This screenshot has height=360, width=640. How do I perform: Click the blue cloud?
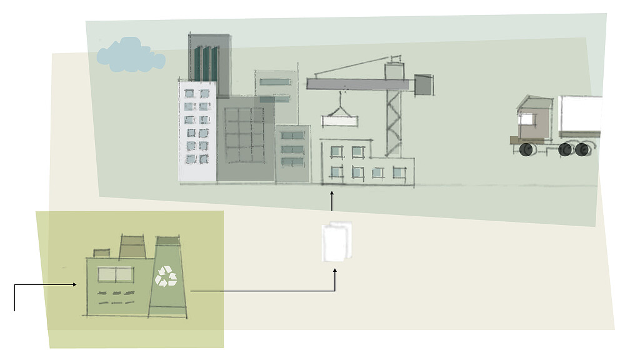(130, 55)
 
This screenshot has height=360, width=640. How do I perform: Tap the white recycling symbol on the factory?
(166, 276)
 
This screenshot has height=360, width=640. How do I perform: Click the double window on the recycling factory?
(116, 274)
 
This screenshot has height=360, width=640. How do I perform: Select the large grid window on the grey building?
(244, 135)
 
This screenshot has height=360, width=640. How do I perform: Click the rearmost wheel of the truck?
(582, 149)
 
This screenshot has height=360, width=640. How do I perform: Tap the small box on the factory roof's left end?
(101, 252)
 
